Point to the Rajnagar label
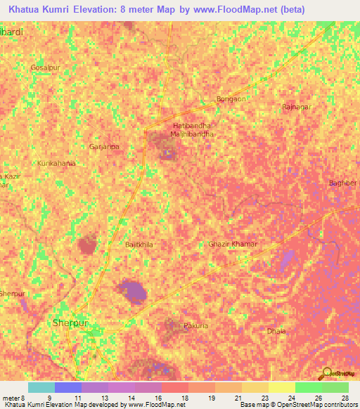click(295, 106)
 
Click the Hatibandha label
click(191, 125)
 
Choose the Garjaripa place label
click(104, 147)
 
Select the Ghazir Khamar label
click(233, 244)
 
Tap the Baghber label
click(343, 183)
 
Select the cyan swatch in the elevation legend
click(41, 387)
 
